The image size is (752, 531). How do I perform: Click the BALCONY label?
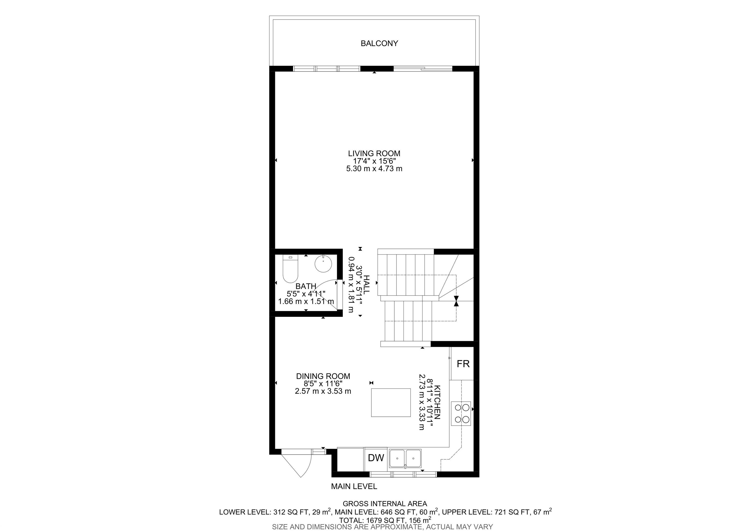pyautogui.click(x=379, y=44)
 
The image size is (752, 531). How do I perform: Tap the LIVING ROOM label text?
pyautogui.click(x=374, y=153)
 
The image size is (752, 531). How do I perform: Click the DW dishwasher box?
pyautogui.click(x=376, y=458)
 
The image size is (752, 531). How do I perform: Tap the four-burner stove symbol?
pyautogui.click(x=461, y=414)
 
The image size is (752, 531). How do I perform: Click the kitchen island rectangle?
pyautogui.click(x=391, y=403)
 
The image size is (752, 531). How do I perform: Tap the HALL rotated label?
pyautogui.click(x=366, y=285)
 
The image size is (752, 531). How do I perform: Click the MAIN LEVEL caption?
pyautogui.click(x=354, y=486)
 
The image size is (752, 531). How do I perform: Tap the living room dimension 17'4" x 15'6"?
pyautogui.click(x=374, y=161)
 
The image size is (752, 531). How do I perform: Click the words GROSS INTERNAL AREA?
pyautogui.click(x=385, y=504)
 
